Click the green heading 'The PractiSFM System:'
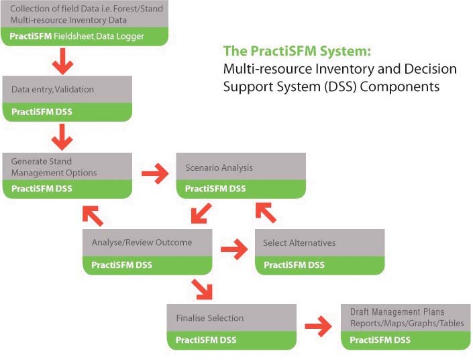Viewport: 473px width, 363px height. (296, 51)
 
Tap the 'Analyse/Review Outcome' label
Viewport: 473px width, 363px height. (142, 242)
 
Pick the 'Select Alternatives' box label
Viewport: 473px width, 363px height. (299, 242)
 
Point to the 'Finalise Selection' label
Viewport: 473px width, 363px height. (209, 318)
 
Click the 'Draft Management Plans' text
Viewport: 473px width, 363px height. (397, 312)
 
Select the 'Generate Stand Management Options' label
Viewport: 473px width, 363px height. (54, 167)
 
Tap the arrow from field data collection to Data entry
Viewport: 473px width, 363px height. (62, 64)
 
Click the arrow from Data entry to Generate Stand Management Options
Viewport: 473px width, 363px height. (62, 139)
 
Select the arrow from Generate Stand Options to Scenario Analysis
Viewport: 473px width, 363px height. (155, 175)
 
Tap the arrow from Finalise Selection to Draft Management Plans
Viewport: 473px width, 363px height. (318, 328)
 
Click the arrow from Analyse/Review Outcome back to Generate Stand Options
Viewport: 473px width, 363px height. (93, 215)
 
